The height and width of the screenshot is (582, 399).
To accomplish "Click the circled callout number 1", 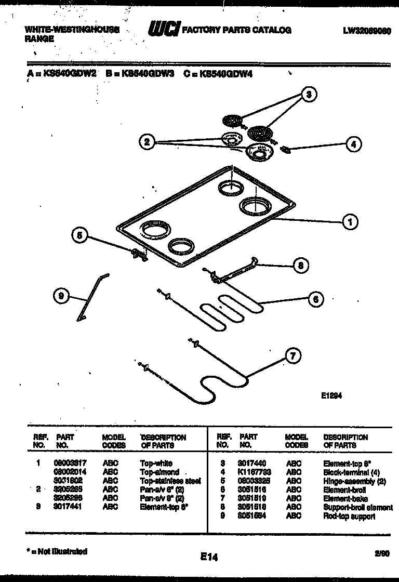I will [350, 222].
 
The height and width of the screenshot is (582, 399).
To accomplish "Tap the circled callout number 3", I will [309, 94].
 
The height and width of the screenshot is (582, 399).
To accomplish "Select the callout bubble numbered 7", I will [292, 356].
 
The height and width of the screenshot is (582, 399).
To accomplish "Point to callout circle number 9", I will [61, 296].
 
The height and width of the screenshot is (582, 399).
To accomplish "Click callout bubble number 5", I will [79, 235].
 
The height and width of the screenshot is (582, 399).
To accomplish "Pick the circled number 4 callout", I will [353, 144].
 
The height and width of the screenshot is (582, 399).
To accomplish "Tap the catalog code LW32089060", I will [366, 31].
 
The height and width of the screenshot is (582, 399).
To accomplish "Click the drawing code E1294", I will [329, 394].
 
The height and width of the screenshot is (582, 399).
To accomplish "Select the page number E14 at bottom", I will [209, 557].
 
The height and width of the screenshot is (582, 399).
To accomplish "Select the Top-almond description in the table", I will [159, 472].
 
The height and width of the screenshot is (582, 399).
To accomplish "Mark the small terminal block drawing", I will [285, 150].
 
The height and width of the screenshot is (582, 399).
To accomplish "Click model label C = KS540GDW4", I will [218, 74].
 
